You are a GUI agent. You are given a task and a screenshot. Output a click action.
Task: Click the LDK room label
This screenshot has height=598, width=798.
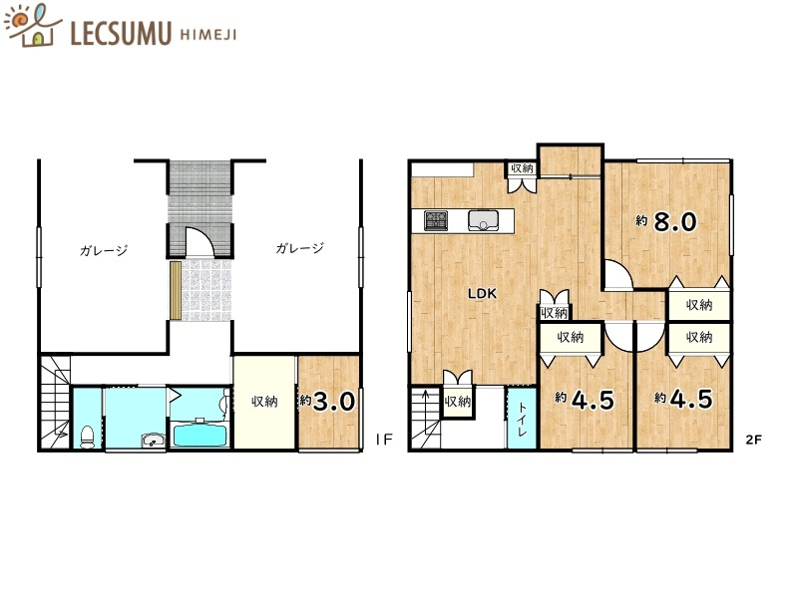pyautogui.click(x=482, y=293)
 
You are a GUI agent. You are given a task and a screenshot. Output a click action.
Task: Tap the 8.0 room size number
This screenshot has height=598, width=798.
pyautogui.click(x=675, y=221)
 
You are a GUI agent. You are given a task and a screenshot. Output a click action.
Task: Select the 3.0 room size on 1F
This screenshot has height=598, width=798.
pyautogui.click(x=334, y=402)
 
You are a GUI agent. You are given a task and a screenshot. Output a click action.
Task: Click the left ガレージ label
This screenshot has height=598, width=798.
pyautogui.click(x=104, y=250)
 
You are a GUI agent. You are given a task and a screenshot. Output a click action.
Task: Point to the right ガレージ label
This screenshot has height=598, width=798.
pyautogui.click(x=300, y=248)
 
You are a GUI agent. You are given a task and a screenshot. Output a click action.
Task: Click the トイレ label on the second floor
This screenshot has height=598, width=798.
pyautogui.click(x=522, y=420)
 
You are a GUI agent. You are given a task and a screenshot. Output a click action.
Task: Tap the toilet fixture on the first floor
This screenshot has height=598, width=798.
pyautogui.click(x=88, y=437)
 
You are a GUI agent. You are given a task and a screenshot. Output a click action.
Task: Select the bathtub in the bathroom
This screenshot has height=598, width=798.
pyautogui.click(x=200, y=434)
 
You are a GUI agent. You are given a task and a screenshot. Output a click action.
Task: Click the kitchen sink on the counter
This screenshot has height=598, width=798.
pyautogui.click(x=484, y=220)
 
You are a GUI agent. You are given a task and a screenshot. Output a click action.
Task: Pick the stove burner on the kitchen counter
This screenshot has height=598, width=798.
pyautogui.click(x=436, y=220)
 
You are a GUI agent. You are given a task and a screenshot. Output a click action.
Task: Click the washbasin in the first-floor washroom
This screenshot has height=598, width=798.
pyautogui.click(x=153, y=441)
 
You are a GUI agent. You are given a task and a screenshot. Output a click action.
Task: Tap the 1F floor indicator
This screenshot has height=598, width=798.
pyautogui.click(x=384, y=440)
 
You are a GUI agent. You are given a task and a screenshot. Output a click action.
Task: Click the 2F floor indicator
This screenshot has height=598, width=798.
pyautogui.click(x=754, y=440)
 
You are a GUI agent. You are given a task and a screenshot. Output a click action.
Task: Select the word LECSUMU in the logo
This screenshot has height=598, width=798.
pyautogui.click(x=121, y=33)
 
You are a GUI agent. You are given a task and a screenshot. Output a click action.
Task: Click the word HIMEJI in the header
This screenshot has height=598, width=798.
pyautogui.click(x=208, y=35)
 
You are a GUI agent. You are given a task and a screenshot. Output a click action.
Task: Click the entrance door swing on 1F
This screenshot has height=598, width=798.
pyautogui.click(x=199, y=241)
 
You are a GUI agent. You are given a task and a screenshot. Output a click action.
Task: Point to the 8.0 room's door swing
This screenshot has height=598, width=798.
pyautogui.click(x=618, y=275)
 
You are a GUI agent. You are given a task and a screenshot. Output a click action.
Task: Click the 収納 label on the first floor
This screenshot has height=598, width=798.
pyautogui.click(x=264, y=402)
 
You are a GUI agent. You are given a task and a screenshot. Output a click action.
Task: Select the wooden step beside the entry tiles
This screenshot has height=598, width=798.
pyautogui.click(x=176, y=290)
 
